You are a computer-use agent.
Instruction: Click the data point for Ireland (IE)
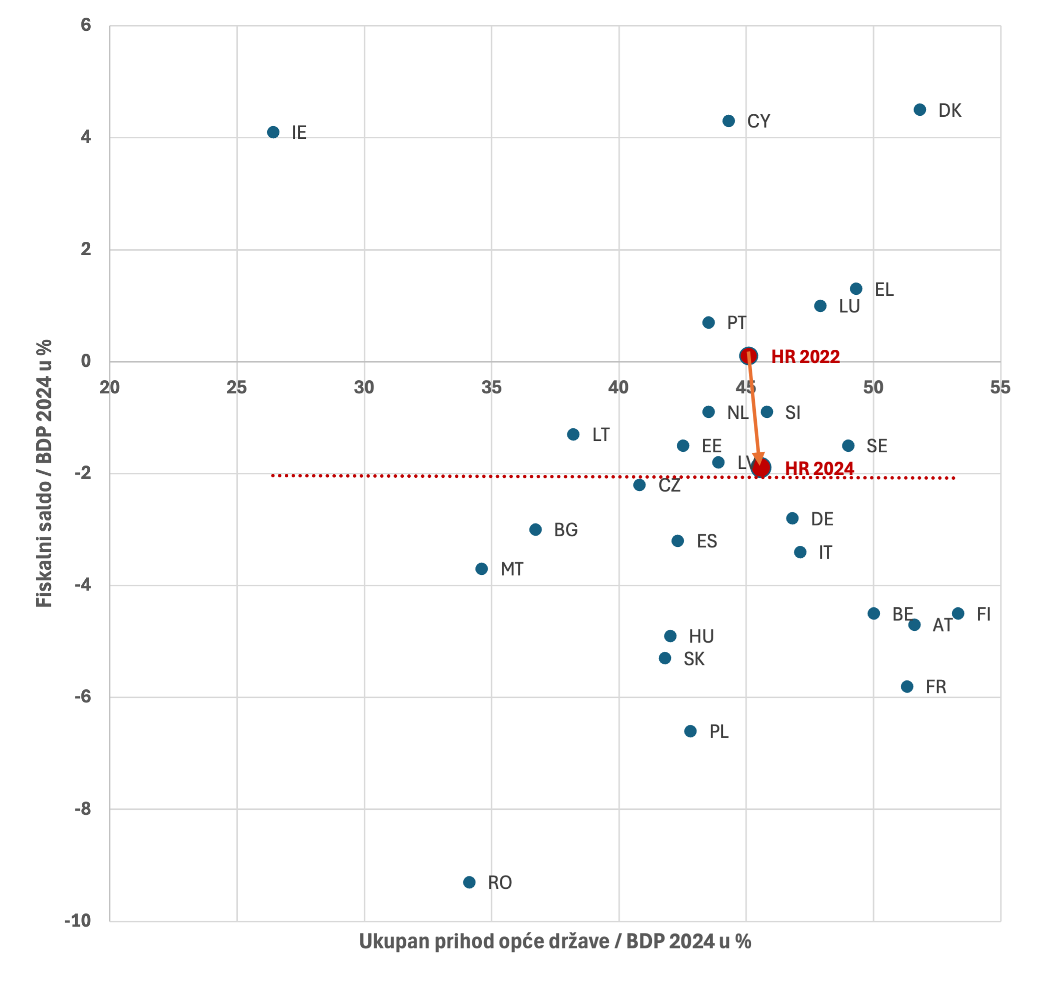(x=273, y=132)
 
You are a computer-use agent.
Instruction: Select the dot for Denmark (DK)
(x=919, y=110)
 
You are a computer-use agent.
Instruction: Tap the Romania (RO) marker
(x=469, y=882)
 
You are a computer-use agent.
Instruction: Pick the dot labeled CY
(x=729, y=121)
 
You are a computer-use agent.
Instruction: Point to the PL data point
(x=691, y=731)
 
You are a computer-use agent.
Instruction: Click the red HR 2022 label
(x=805, y=357)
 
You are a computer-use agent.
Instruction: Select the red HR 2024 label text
(x=819, y=468)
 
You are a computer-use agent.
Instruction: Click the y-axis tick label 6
(x=86, y=25)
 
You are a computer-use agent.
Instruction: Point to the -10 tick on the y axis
(x=78, y=921)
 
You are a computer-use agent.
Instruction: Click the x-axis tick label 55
(x=1000, y=388)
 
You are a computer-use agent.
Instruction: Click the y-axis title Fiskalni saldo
(x=44, y=473)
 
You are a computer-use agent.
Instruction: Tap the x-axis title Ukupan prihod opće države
(x=555, y=942)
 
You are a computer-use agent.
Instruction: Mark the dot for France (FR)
(x=907, y=687)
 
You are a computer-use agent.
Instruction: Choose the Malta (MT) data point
(x=482, y=569)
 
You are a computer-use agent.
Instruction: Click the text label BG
(x=566, y=530)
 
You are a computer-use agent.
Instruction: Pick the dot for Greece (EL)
(x=856, y=289)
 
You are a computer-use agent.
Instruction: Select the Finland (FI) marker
(x=958, y=614)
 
